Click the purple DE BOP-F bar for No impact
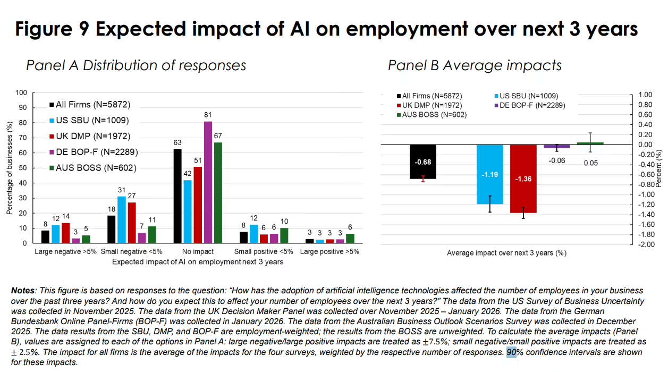pyautogui.click(x=208, y=182)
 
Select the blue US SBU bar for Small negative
pyautogui.click(x=122, y=219)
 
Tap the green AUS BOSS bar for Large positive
pyautogui.click(x=350, y=239)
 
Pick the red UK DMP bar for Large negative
pyautogui.click(x=65, y=233)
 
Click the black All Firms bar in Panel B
pyautogui.click(x=423, y=162)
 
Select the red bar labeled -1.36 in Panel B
pyautogui.click(x=523, y=179)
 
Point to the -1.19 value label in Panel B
pyautogui.click(x=489, y=174)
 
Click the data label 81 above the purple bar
pyautogui.click(x=208, y=115)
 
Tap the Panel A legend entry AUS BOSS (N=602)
pyautogui.click(x=93, y=168)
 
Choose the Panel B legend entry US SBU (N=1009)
pyautogui.click(x=526, y=96)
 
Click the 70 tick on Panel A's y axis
pyautogui.click(x=23, y=138)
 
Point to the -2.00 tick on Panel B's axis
pyautogui.click(x=645, y=244)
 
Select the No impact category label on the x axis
pyautogui.click(x=198, y=251)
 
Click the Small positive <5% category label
pyautogui.click(x=264, y=251)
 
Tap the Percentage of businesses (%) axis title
pyautogui.click(x=9, y=168)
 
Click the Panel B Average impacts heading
pyautogui.click(x=475, y=65)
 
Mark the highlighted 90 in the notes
pyautogui.click(x=511, y=352)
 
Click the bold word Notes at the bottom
pyautogui.click(x=23, y=291)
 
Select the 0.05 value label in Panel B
pyautogui.click(x=591, y=163)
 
